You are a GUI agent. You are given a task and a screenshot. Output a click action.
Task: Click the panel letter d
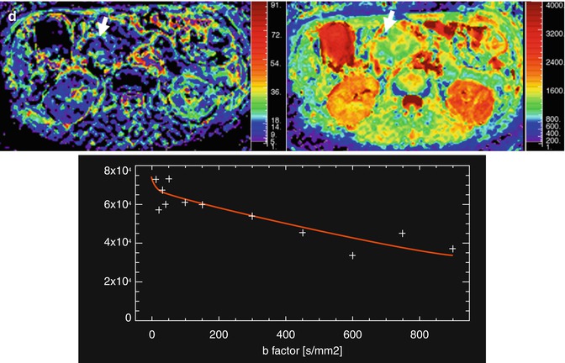(8, 11)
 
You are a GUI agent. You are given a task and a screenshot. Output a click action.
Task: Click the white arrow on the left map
(102, 27)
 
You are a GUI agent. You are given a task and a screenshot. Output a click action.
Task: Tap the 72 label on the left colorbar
(273, 38)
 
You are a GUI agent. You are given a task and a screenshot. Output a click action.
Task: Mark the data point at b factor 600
(352, 255)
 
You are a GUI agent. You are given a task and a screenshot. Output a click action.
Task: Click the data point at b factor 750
(403, 234)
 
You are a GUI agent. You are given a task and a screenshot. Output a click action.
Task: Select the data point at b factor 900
(452, 249)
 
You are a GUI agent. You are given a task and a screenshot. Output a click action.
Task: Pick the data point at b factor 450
(302, 232)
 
